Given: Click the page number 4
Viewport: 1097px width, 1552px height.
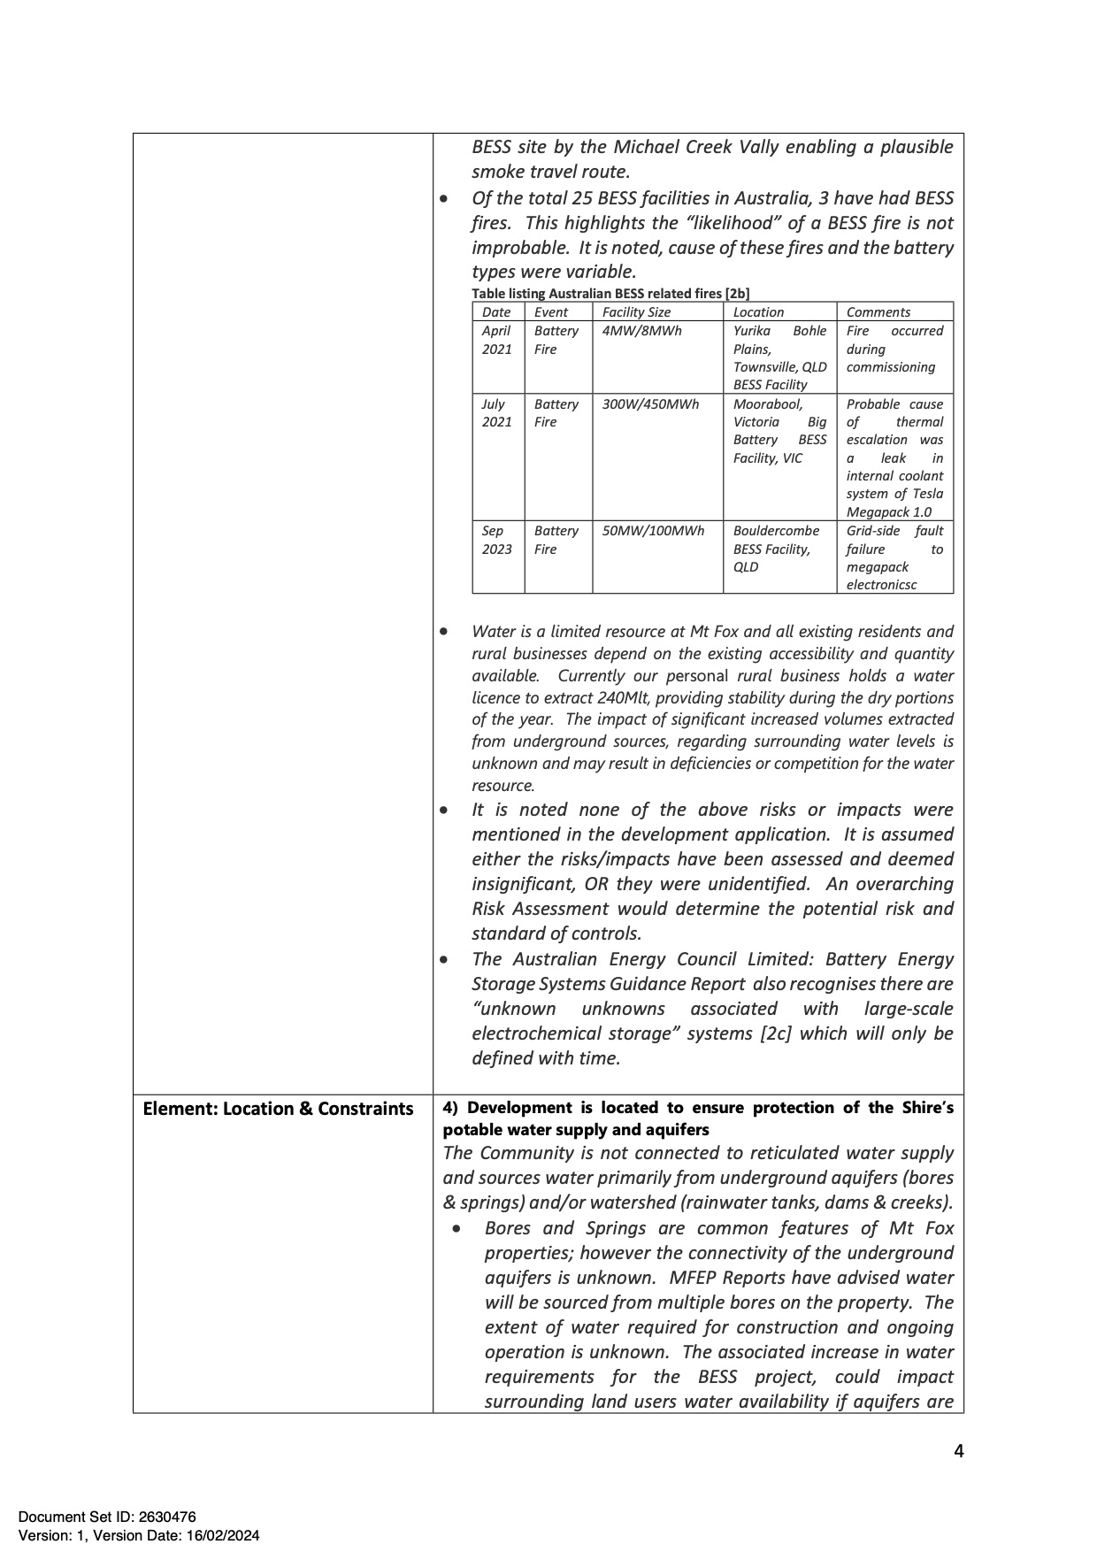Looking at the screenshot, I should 959,1451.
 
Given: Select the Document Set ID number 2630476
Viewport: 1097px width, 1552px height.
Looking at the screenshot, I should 166,1517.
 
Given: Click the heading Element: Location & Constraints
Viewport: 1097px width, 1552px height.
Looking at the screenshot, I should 278,1110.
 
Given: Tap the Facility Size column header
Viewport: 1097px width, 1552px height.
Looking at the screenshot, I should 636,312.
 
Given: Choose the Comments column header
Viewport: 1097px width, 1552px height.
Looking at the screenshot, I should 878,312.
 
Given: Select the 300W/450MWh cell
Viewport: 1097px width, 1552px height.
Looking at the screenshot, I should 650,404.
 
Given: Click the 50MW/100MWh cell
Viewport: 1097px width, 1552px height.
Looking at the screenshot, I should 653,531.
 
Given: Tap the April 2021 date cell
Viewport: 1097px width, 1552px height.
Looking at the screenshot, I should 496,340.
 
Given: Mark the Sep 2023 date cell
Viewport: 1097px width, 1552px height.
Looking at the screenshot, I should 496,540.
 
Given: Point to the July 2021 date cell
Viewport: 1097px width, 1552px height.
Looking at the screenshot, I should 496,413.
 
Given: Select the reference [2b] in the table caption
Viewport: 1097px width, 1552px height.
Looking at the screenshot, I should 737,294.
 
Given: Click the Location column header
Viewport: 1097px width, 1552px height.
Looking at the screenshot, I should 758,312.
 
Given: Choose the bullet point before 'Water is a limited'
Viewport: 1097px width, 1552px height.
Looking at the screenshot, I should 443,632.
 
